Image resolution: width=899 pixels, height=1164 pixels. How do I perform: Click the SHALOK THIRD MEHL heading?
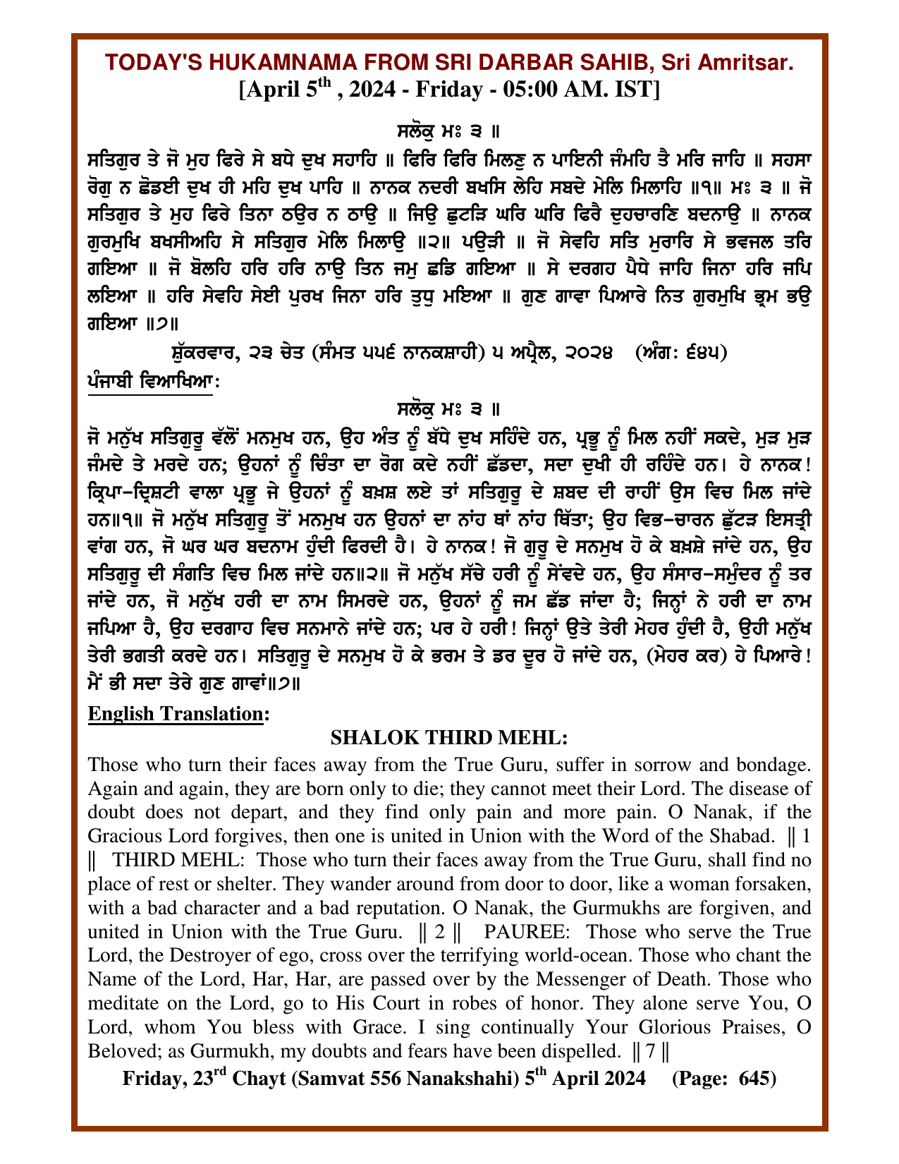coord(449,738)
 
